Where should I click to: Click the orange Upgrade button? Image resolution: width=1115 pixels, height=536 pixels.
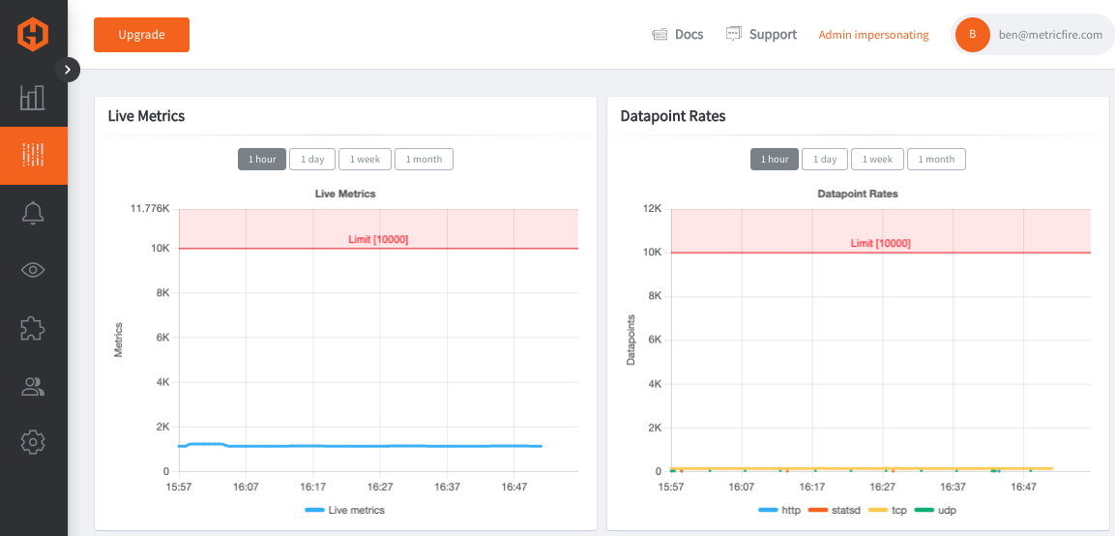click(141, 35)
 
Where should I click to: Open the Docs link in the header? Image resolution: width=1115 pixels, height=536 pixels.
click(678, 34)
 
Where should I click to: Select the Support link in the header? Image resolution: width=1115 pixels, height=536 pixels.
click(762, 34)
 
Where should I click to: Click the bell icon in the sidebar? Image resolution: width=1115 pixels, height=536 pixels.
click(34, 213)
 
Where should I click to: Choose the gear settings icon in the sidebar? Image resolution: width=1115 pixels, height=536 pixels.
click(34, 443)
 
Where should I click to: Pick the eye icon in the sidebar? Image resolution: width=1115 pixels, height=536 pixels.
click(34, 270)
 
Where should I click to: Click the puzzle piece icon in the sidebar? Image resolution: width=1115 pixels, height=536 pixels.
click(34, 328)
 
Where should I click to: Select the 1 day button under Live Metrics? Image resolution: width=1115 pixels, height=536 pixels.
click(312, 160)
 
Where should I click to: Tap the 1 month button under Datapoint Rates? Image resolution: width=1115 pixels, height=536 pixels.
click(936, 160)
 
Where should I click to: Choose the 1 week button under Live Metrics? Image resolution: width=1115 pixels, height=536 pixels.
click(365, 160)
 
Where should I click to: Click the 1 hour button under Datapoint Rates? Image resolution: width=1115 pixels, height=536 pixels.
click(775, 160)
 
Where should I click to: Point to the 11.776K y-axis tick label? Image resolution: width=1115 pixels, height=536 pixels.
click(149, 209)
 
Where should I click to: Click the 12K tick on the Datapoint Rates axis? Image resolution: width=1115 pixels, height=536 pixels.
click(653, 209)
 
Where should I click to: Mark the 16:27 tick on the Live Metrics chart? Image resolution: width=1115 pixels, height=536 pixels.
click(380, 487)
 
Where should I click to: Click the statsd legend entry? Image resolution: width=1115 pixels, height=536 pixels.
click(840, 511)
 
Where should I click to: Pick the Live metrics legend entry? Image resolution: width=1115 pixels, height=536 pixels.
click(345, 511)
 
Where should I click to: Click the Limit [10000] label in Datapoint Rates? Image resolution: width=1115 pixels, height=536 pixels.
click(880, 244)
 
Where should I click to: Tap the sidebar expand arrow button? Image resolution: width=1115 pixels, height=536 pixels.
click(68, 70)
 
